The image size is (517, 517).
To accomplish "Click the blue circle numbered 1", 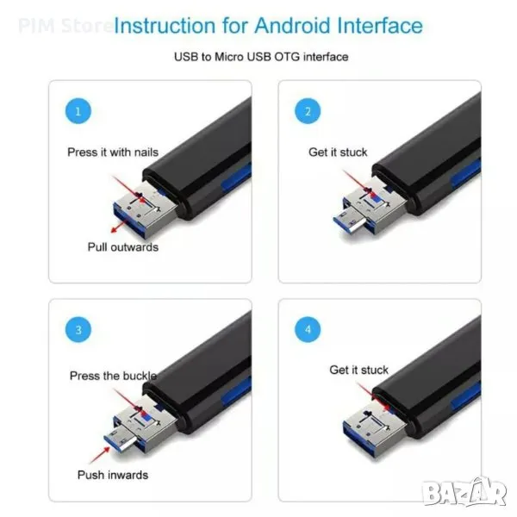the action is tap(78, 111).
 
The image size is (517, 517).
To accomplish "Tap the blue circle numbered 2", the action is tap(308, 111).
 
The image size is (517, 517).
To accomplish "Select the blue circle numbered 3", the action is tap(78, 330).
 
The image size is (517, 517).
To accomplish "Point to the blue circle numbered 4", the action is tap(308, 330).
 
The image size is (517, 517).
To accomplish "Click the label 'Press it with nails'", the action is tap(113, 153).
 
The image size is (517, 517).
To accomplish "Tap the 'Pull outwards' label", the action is tap(123, 247).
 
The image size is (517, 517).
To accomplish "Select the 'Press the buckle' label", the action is tap(113, 376).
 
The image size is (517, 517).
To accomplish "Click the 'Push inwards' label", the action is tap(113, 475).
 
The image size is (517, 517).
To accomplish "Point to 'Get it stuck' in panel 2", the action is tap(338, 153).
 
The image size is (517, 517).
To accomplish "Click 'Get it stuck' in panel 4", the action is tap(358, 370).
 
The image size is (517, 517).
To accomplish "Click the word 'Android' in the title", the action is tap(292, 26).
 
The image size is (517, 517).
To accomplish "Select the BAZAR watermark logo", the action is tap(465, 492).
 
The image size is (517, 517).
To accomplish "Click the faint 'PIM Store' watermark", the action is tap(65, 26).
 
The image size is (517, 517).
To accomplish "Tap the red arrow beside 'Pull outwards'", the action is tap(118, 226).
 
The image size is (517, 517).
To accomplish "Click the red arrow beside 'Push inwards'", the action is tap(100, 454).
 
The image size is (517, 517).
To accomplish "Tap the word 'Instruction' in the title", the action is tap(165, 26).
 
